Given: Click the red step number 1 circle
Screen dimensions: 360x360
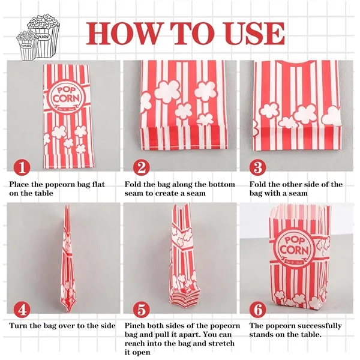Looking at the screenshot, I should tap(20, 165).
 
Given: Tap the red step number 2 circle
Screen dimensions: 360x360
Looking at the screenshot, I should tap(140, 165).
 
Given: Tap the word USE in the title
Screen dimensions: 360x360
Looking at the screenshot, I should tap(251, 32).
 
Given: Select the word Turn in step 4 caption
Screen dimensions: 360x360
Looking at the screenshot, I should tap(19, 326).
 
